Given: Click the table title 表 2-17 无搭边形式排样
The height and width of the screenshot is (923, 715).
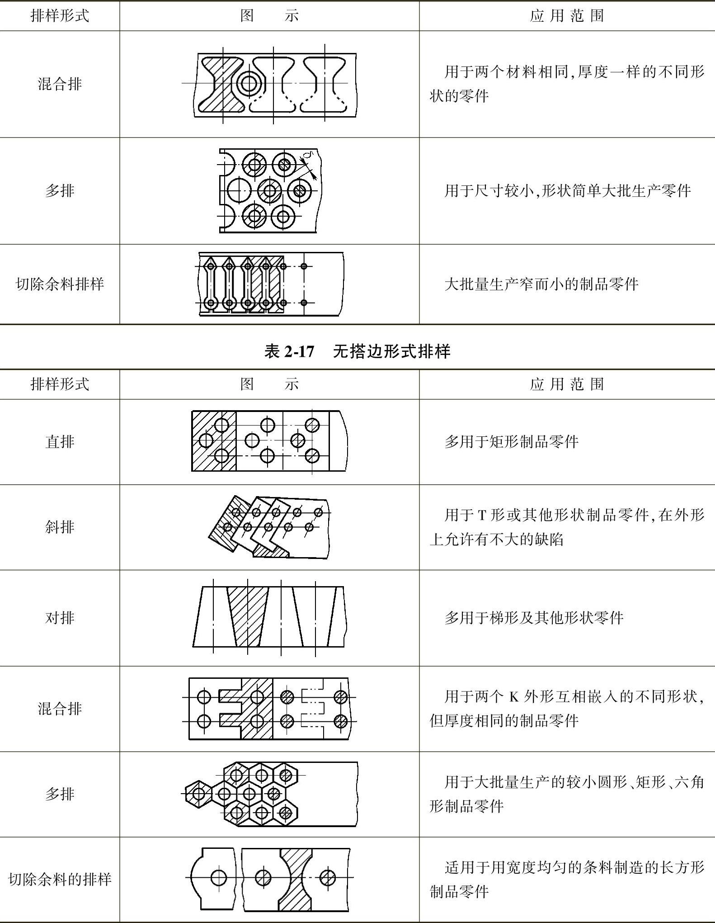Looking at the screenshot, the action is (357, 351).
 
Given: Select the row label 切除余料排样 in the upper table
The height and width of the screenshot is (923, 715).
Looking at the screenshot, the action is (60, 284).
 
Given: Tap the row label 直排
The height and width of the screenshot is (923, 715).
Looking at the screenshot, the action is (60, 441).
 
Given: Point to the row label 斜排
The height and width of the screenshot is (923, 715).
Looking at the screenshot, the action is (60, 527).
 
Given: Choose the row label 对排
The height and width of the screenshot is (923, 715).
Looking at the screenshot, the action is (60, 617).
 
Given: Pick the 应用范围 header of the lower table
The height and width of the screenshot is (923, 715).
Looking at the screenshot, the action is (567, 384).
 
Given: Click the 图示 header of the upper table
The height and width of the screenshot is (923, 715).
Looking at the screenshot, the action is (269, 16).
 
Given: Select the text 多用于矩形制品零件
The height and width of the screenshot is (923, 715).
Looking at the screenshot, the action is (511, 441).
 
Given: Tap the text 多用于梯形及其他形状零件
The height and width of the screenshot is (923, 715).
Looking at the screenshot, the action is (534, 617).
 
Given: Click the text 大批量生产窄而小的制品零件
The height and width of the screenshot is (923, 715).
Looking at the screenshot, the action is (541, 284).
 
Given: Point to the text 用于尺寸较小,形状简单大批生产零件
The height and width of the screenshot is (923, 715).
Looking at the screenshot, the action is (567, 190).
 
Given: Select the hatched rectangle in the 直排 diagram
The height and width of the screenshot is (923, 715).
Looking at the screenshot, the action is (214, 441).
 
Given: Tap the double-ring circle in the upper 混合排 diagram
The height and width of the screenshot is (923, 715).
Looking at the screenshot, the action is (248, 83).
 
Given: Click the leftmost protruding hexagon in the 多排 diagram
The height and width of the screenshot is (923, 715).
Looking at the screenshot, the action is (198, 793).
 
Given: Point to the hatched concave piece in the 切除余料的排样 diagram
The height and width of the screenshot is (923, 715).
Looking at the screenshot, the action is (296, 880).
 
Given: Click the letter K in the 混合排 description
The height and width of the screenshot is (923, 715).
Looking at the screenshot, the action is (514, 696).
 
